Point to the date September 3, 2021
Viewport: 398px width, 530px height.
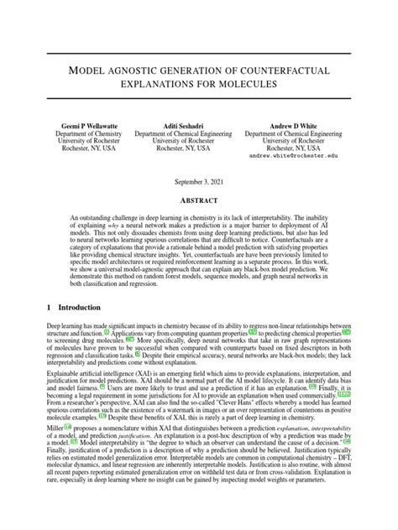pos(199,182)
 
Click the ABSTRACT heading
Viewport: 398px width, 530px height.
pos(199,200)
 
